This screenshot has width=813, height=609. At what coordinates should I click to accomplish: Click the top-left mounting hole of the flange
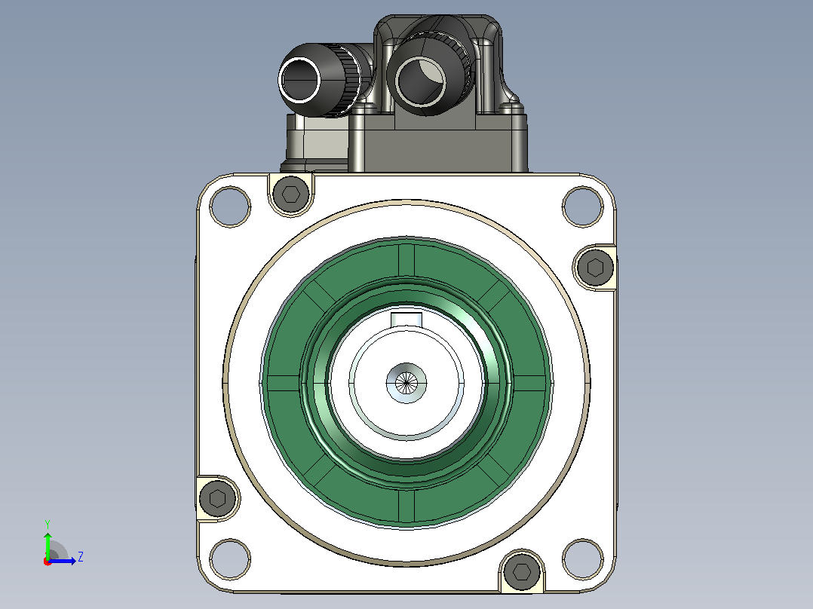click(230, 206)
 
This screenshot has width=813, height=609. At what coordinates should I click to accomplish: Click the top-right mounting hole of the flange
click(583, 206)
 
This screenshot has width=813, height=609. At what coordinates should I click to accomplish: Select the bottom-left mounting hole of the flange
click(230, 559)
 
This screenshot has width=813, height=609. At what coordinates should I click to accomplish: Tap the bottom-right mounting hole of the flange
click(583, 559)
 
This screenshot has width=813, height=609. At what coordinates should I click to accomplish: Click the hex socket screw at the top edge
click(290, 194)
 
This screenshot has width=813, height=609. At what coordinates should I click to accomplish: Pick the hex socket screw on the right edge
click(595, 268)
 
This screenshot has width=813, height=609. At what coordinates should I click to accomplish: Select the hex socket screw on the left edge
click(217, 499)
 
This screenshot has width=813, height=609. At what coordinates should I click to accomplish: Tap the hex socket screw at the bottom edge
click(522, 571)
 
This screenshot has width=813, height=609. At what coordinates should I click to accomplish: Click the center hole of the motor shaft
click(406, 383)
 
